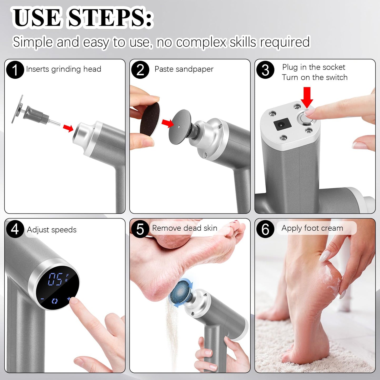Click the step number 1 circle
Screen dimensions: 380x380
(x=15, y=70)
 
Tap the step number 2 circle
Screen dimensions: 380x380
(x=140, y=70)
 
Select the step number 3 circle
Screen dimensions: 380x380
(x=265, y=70)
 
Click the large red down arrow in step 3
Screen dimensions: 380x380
(x=307, y=97)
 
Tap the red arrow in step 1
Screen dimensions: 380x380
(x=68, y=128)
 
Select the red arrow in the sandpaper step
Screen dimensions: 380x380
(x=168, y=123)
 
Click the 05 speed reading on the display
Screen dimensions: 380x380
(x=55, y=279)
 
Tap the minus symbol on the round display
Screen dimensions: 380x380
(x=42, y=299)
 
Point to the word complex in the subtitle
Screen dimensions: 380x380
(x=201, y=42)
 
